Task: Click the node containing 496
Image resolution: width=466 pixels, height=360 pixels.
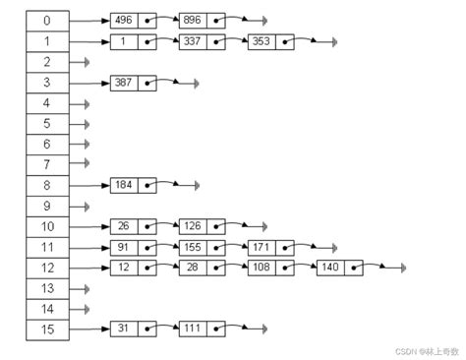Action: click(x=134, y=21)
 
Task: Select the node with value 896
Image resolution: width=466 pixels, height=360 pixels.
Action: click(x=203, y=21)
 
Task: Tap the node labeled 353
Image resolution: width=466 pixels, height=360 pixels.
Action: click(x=271, y=42)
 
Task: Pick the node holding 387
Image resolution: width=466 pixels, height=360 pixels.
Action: click(x=134, y=83)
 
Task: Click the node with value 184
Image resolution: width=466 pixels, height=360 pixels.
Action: click(x=134, y=186)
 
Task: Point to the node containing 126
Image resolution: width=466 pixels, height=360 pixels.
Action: click(x=203, y=226)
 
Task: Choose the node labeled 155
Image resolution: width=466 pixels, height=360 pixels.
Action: click(x=203, y=248)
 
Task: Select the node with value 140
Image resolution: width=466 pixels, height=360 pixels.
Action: click(x=340, y=268)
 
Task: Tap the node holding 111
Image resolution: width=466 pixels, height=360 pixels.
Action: click(x=203, y=329)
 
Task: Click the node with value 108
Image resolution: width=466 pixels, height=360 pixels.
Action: click(x=271, y=268)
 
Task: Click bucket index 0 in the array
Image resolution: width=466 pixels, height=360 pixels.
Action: click(x=47, y=21)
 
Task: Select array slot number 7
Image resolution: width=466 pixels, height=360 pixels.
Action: click(x=47, y=165)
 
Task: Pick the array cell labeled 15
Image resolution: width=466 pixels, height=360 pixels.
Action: click(x=47, y=330)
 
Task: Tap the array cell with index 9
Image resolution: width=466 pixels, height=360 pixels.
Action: click(x=47, y=207)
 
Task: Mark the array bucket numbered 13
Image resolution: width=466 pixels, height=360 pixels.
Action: click(x=47, y=289)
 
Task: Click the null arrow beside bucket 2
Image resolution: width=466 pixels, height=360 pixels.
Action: click(x=80, y=62)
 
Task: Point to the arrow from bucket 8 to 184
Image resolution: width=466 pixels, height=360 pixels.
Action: click(x=89, y=186)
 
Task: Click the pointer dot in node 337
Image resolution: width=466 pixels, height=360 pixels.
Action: click(x=216, y=42)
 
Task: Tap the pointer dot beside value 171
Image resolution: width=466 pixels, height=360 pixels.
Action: click(x=285, y=248)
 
